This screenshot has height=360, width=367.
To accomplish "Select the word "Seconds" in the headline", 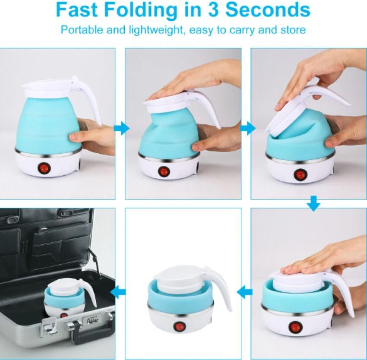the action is tap(268, 9).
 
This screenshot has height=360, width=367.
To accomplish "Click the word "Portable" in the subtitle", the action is tap(82, 30).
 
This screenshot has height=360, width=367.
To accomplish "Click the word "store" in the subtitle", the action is tap(293, 30).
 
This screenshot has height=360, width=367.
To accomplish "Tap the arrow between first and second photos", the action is tap(121, 128).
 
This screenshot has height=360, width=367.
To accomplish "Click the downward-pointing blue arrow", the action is tap(313, 204).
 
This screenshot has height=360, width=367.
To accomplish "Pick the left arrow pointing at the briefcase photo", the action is tap(118, 292).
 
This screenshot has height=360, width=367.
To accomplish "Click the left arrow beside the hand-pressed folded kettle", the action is tap(244, 292).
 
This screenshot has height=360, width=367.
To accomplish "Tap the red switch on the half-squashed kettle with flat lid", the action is tap(164, 171).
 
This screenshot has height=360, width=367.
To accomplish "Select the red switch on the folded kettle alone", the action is tap(178, 326).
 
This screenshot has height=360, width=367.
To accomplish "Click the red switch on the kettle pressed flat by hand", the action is tap(293, 326).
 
